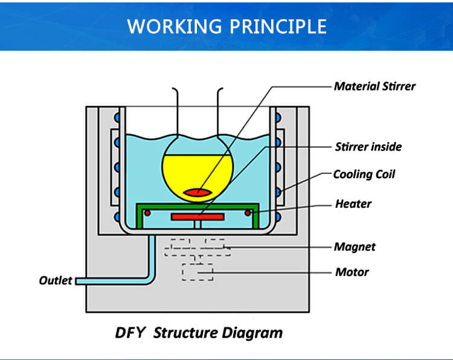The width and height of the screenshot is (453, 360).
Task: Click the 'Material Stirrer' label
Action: tap(374, 86)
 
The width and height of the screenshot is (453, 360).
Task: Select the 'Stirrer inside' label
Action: tap(368, 146)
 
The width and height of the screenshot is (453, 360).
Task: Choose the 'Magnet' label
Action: tap(355, 246)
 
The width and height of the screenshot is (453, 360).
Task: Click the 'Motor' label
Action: tap(352, 272)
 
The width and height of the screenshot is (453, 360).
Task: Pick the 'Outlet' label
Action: tap(56, 280)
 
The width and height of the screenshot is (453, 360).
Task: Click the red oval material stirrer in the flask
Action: tap(198, 192)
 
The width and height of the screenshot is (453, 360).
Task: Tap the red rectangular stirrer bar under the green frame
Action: tap(198, 216)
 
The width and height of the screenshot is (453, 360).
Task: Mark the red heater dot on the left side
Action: tap(147, 212)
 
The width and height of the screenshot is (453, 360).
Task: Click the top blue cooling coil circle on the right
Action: tap(279, 117)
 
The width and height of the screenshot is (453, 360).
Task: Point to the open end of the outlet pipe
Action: tap(78, 281)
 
